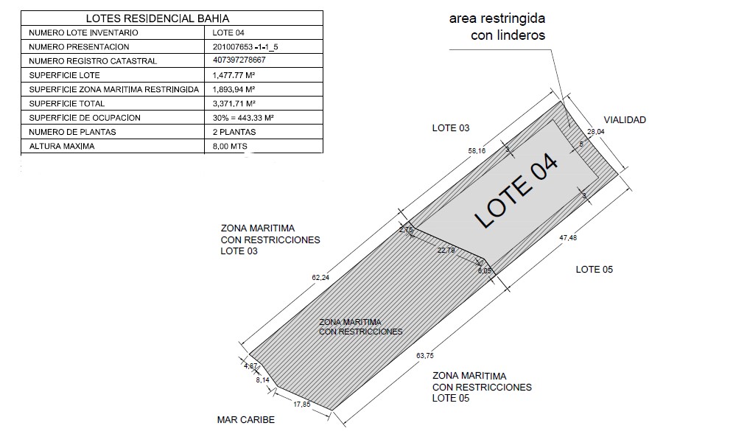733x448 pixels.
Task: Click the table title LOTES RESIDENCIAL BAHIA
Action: pos(158,18)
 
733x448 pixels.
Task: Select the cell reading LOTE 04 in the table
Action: pos(228,32)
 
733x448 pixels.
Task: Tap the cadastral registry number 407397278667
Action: pos(239,60)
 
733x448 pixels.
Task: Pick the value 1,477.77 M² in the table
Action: pos(234,75)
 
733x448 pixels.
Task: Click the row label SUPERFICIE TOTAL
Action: pos(67,104)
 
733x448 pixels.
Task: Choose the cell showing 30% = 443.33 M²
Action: pos(243,118)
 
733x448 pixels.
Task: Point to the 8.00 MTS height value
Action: pos(230,147)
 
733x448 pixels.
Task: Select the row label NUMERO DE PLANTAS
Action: pos(72,132)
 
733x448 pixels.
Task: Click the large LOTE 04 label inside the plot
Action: pos(516,191)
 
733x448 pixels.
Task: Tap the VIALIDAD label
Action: pos(625,119)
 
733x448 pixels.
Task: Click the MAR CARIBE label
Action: pos(246,420)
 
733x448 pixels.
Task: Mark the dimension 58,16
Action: pos(477,150)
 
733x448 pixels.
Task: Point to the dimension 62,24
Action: pos(320,278)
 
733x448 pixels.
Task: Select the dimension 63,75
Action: pos(425,356)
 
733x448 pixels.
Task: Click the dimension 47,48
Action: pos(568,238)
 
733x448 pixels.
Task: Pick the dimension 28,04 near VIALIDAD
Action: pos(596,132)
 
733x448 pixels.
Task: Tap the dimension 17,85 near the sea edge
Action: pos(302,405)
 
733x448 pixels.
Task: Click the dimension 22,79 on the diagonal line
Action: pos(446,251)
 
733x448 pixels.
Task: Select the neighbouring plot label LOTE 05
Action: pos(595,270)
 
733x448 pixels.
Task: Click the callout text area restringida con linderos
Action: pos(497,27)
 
